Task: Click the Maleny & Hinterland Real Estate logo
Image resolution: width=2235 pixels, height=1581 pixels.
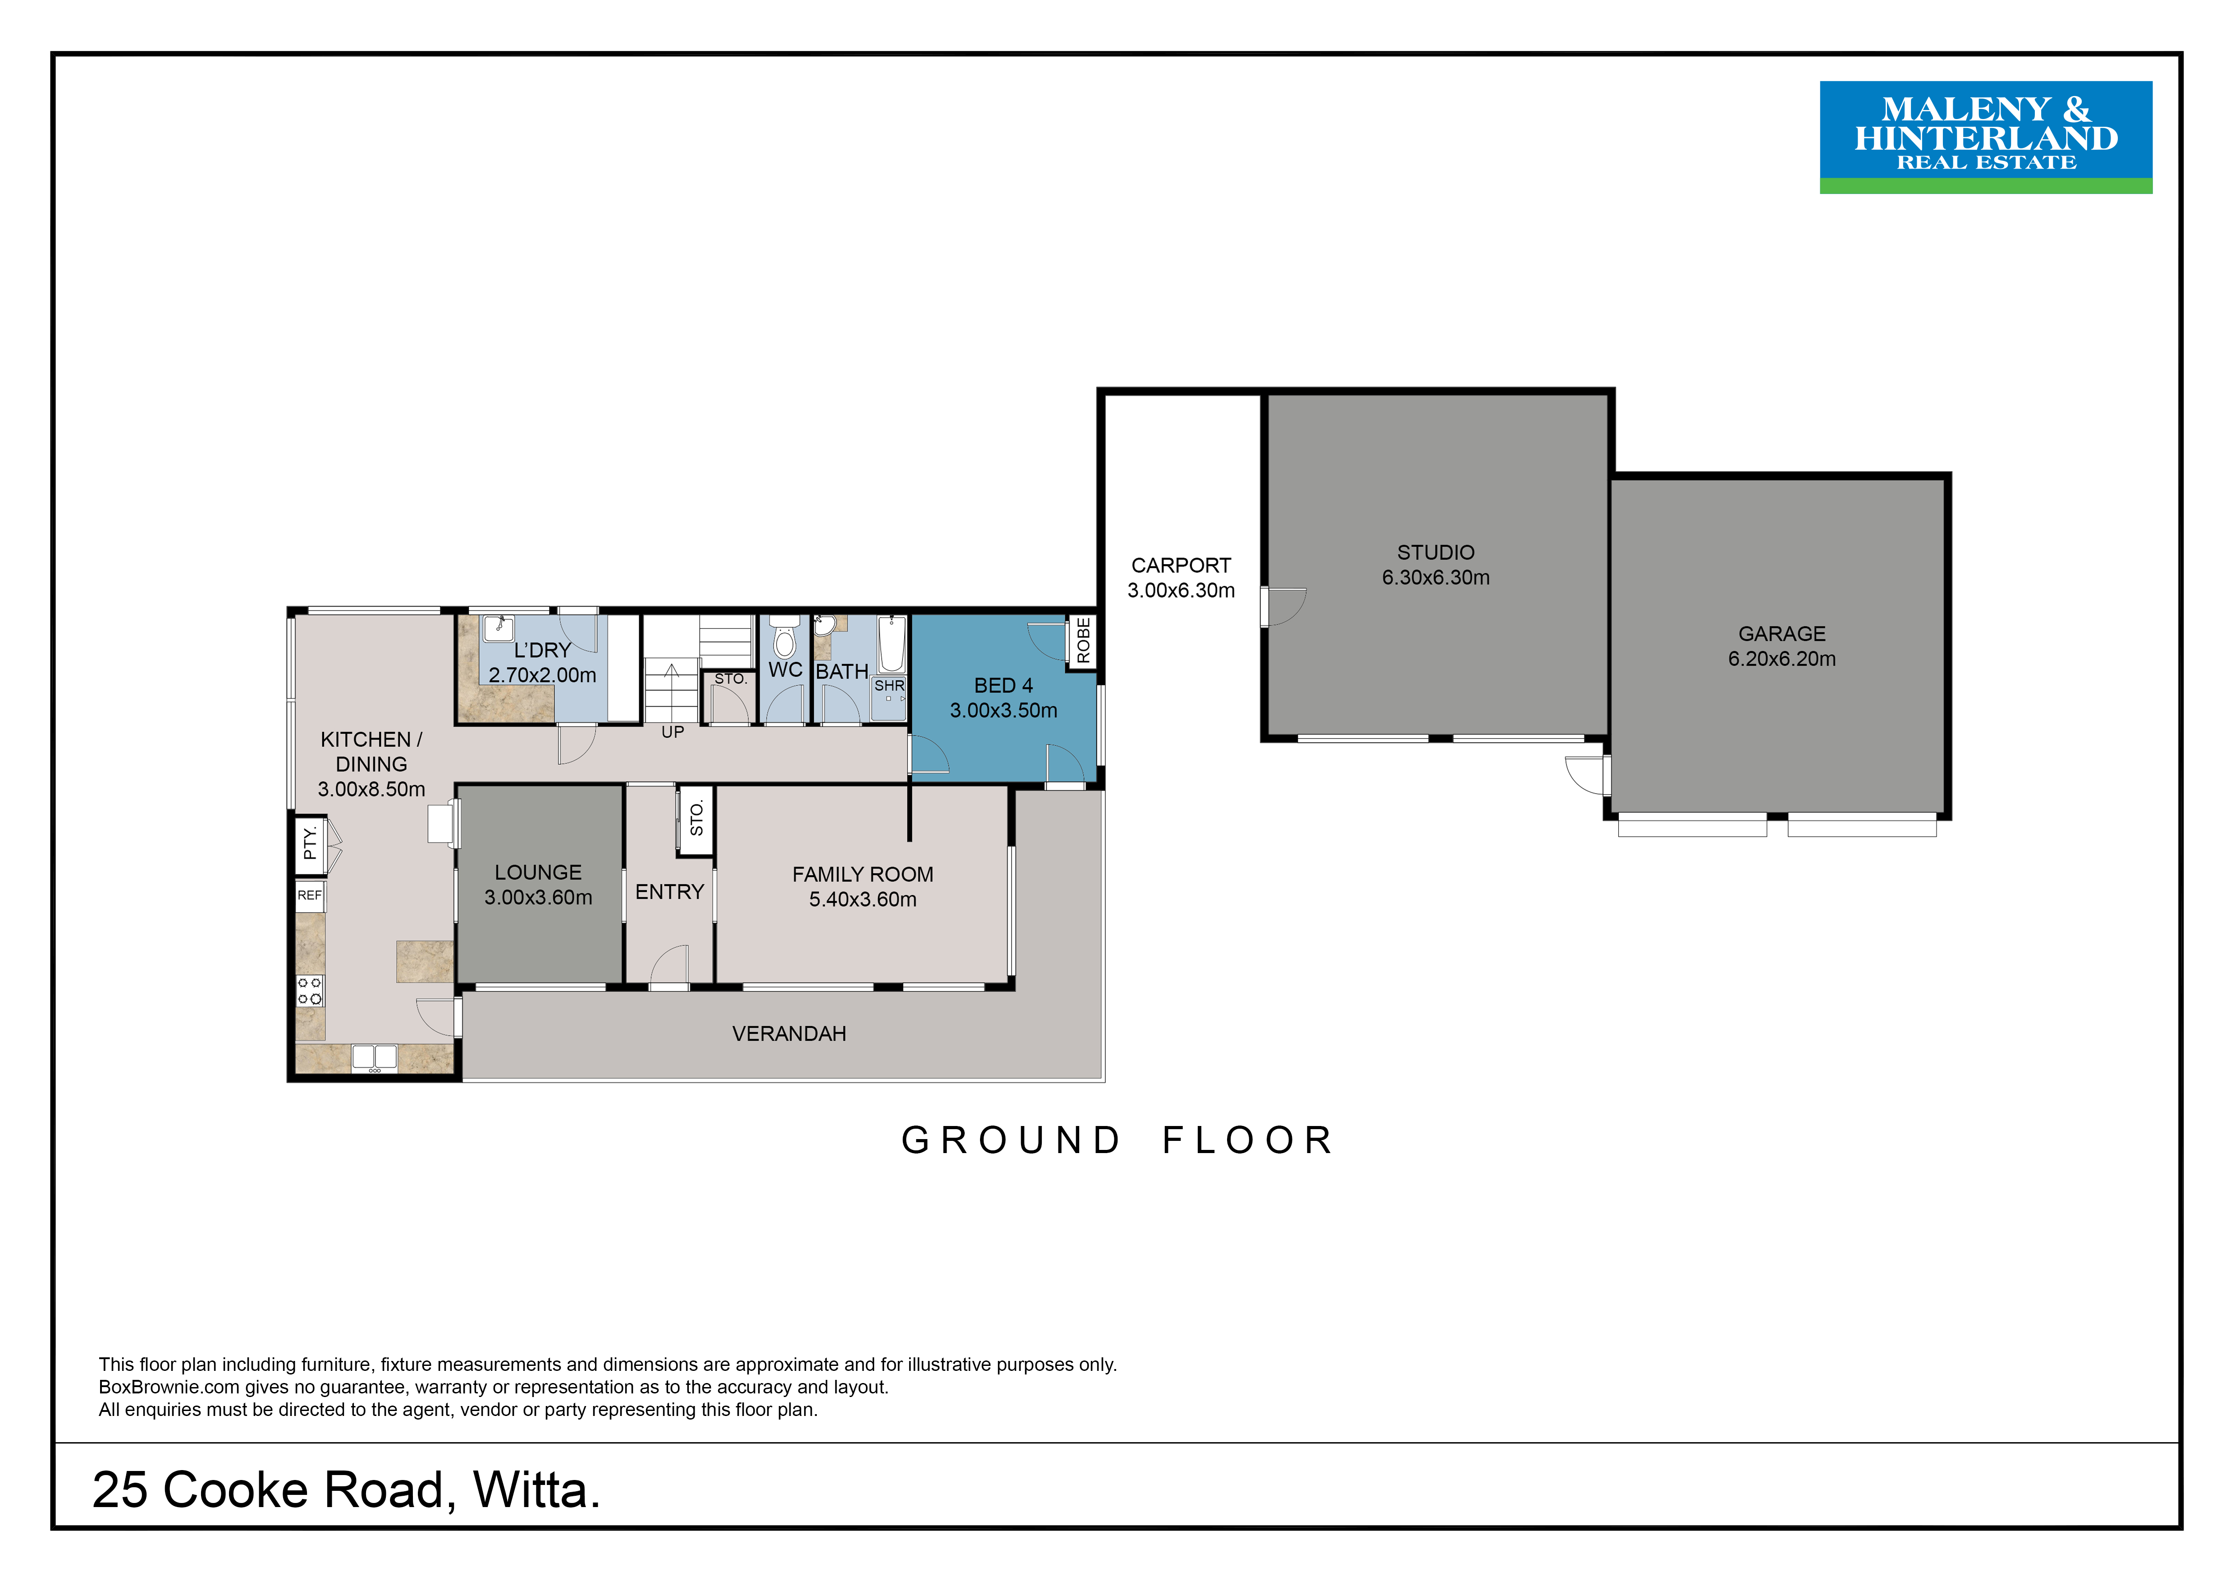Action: tap(1986, 137)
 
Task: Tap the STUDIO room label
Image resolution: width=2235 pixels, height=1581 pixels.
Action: tap(1436, 552)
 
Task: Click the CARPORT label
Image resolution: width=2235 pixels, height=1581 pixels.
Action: tap(1181, 565)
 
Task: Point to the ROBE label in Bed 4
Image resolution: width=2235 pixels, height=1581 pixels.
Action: tap(1083, 641)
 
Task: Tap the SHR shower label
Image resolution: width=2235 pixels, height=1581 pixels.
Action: tap(889, 685)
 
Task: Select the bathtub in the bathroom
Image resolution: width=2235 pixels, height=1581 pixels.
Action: tap(892, 643)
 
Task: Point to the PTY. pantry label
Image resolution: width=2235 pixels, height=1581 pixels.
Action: tap(310, 843)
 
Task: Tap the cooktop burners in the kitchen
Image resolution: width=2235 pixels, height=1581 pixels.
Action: tap(310, 991)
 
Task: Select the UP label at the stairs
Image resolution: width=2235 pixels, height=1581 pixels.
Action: tap(673, 732)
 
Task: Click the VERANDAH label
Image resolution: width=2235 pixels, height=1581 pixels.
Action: tap(789, 1034)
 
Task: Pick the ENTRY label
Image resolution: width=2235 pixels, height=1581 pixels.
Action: tap(670, 892)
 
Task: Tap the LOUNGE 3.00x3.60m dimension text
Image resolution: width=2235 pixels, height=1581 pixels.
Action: tap(538, 897)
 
